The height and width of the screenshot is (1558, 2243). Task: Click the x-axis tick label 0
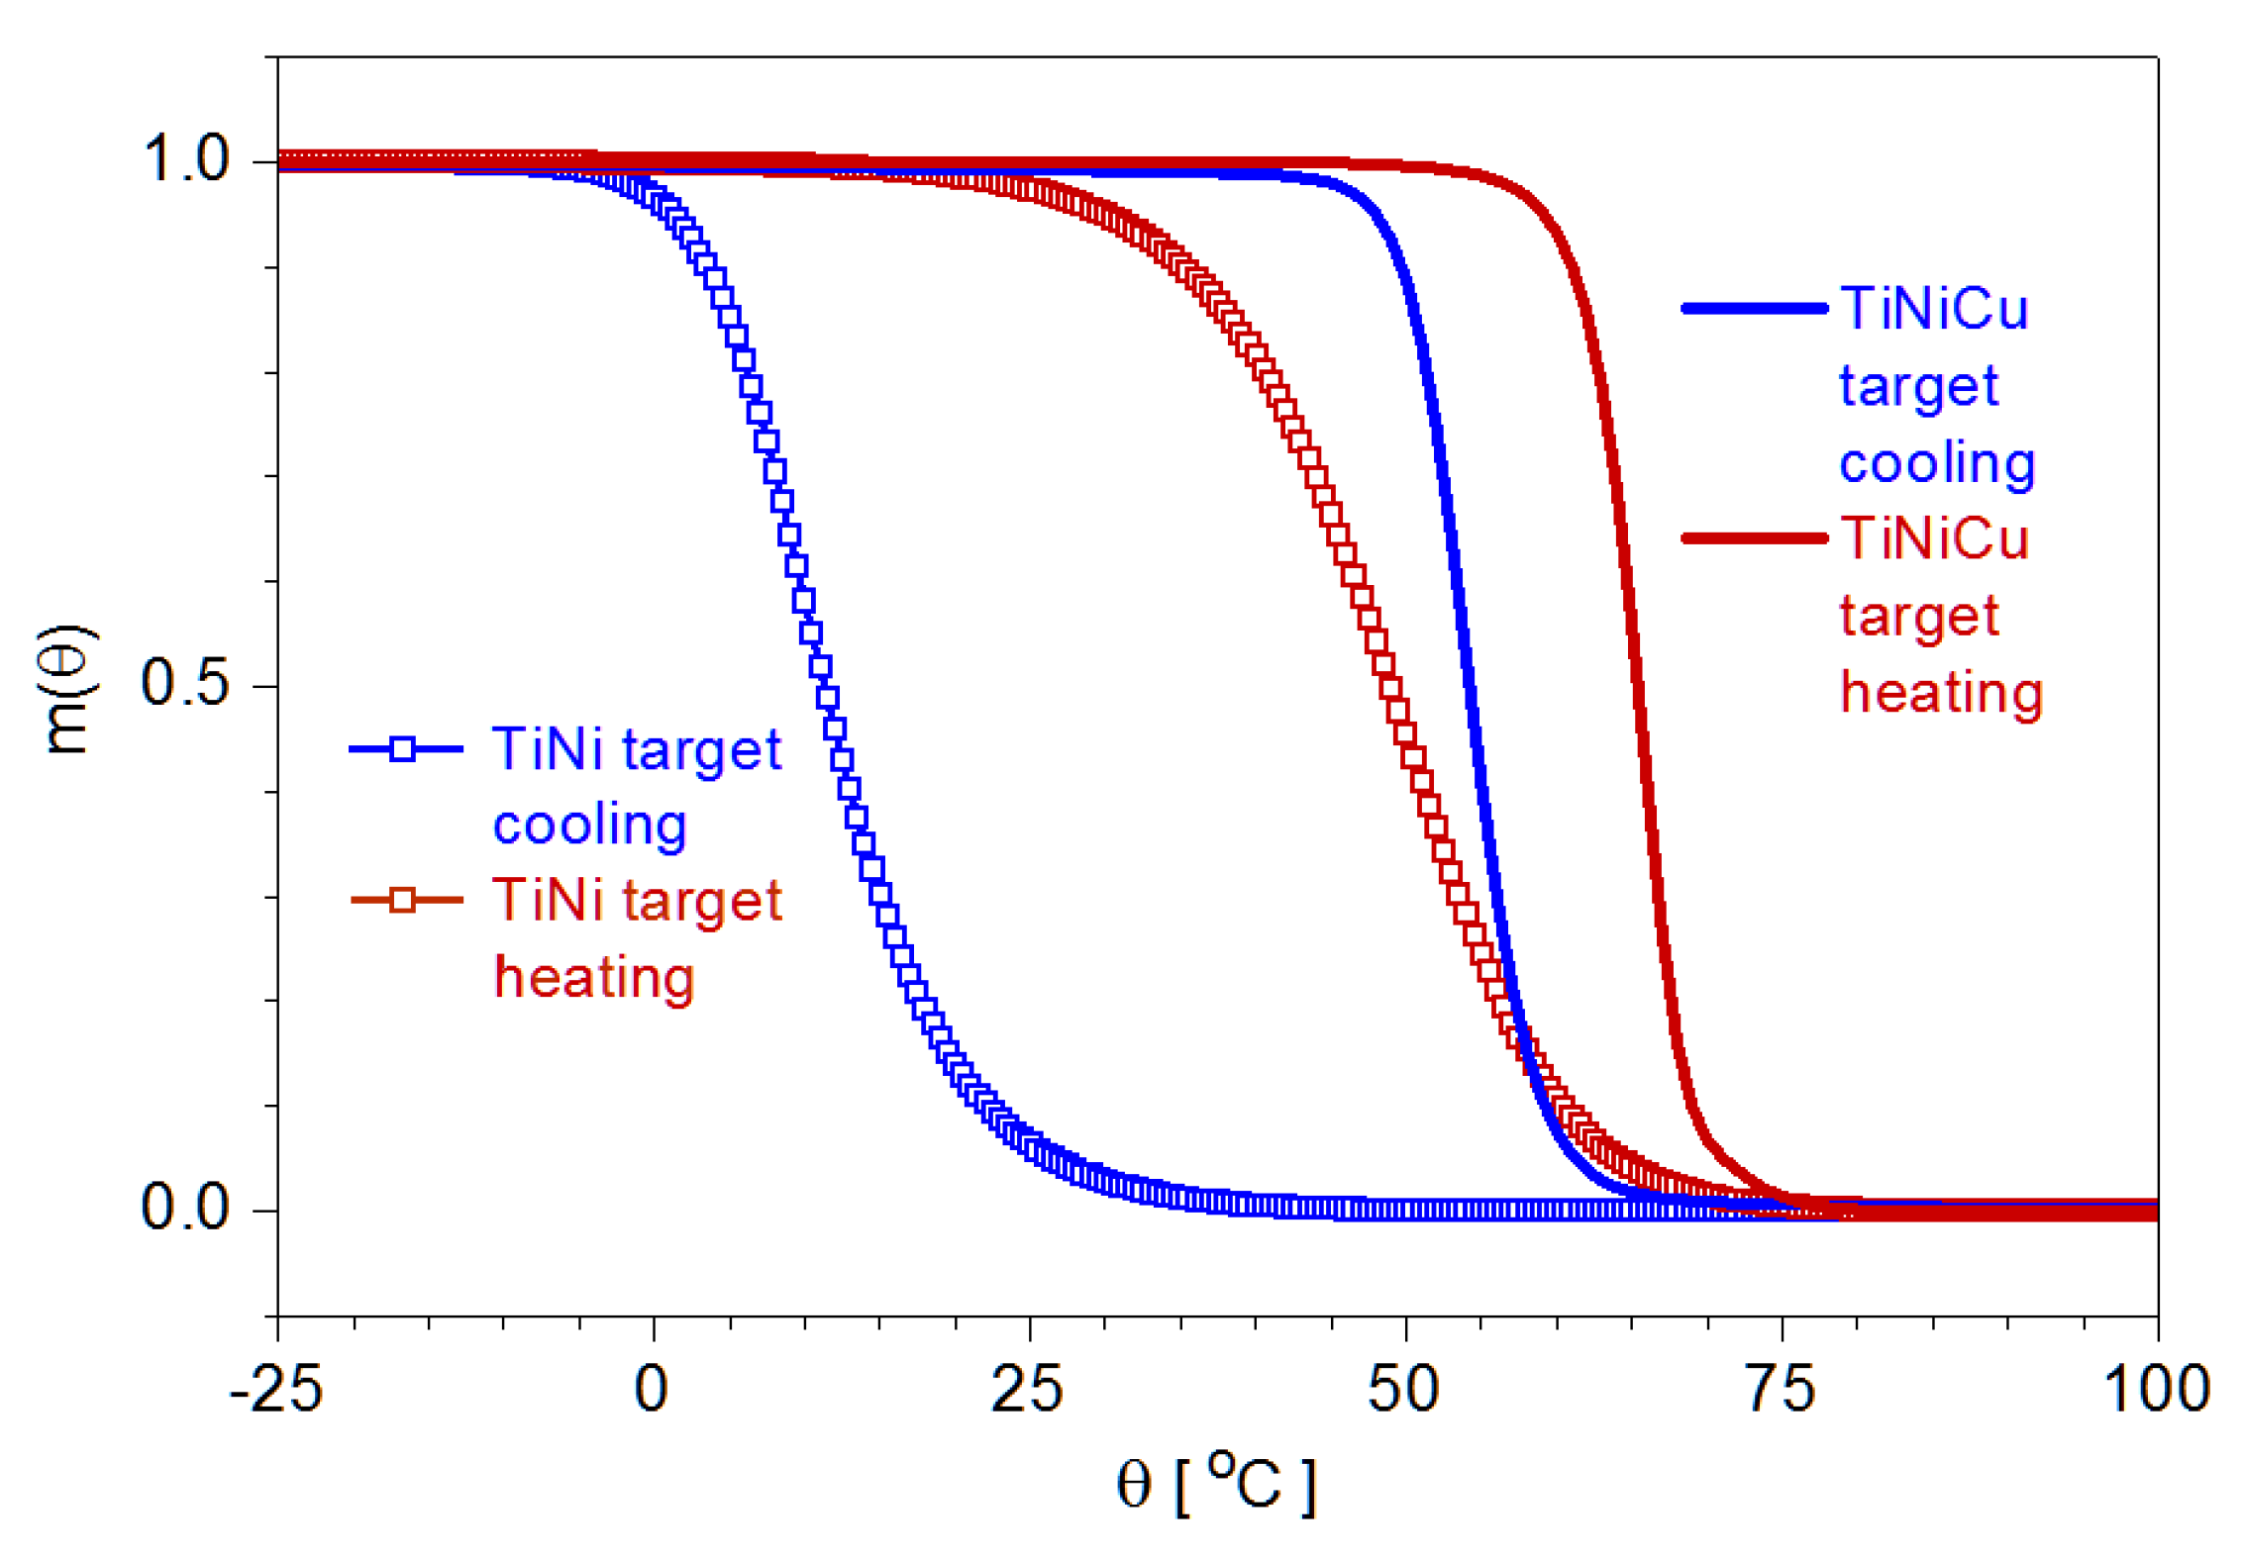pos(652,1389)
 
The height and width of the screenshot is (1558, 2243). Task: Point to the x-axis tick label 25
pos(1027,1389)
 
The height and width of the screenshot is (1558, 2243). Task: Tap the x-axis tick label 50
pos(1403,1389)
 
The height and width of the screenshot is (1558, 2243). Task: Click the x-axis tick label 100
pos(2156,1389)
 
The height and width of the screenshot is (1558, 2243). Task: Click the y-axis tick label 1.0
pos(185,158)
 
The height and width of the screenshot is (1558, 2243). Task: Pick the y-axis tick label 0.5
pos(185,683)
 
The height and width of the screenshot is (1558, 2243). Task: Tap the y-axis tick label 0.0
pos(185,1208)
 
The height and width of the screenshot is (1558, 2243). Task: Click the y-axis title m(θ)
pos(67,690)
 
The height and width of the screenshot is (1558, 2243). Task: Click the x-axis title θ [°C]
pos(1216,1485)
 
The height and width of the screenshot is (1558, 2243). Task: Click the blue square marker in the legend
pos(402,749)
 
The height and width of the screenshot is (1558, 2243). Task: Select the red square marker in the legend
pos(402,900)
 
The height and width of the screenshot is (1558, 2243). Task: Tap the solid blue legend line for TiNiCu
pos(1754,309)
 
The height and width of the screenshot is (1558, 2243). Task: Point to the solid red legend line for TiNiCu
pos(1754,538)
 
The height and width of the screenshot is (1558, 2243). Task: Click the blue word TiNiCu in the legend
pos(1933,309)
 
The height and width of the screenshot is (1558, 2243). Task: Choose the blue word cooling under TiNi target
pos(589,826)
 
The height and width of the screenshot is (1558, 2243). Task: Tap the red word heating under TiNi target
pos(594,978)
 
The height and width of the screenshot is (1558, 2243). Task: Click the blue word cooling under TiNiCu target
pos(1936,463)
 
